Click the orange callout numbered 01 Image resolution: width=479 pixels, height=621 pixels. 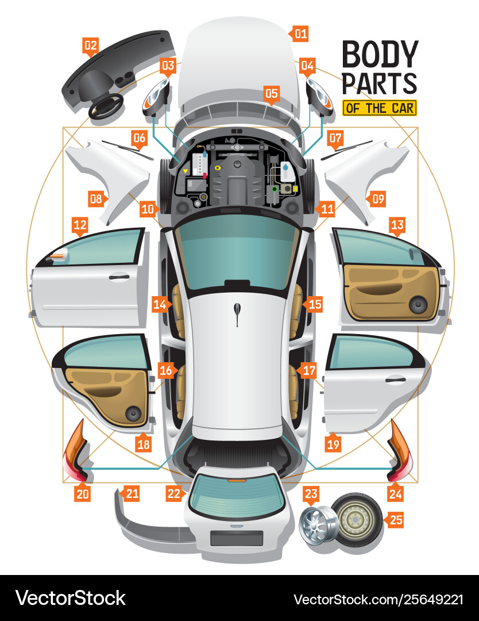pos(301,33)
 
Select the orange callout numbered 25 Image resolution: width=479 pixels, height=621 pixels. pos(396,520)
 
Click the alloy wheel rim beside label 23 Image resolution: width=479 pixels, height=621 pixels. pos(315,522)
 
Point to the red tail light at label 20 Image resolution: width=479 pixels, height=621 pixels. pos(75,454)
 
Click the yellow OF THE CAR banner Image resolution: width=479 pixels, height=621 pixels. pos(378,108)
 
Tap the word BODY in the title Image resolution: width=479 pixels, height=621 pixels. pos(379,55)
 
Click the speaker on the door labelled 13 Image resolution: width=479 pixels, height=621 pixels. pos(418,304)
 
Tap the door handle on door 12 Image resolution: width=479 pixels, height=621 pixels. pos(119,277)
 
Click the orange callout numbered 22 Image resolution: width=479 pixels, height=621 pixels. pos(175,493)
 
